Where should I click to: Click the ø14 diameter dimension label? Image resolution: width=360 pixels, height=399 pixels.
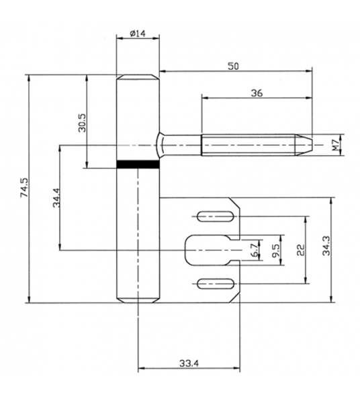pos(138,33)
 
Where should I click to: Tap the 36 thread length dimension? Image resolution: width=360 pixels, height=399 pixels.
pos(256,94)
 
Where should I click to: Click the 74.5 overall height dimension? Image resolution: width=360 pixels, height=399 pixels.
pos(24,189)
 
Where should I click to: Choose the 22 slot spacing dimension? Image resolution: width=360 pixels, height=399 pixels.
pos(300,249)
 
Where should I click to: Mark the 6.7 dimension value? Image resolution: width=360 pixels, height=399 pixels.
pos(255,251)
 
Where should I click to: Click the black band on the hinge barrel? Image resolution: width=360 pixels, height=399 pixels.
pos(138,163)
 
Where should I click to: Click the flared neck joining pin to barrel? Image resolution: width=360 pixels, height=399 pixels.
pos(163,144)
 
